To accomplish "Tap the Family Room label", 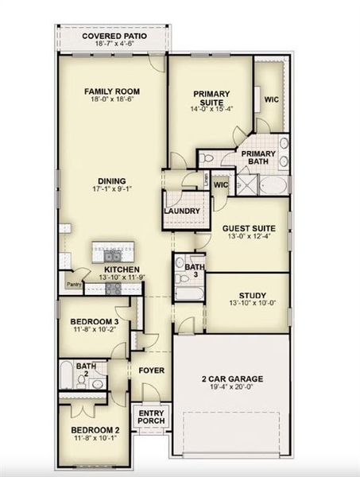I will (x=112, y=91).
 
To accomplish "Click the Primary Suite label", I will (x=212, y=98).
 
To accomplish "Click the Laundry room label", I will (x=181, y=211).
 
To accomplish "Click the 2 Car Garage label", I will (x=231, y=379).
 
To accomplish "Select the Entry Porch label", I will (x=151, y=417).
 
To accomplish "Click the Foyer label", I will (x=151, y=370).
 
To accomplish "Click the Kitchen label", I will (x=122, y=269).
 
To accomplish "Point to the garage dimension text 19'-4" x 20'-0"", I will (x=231, y=388).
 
